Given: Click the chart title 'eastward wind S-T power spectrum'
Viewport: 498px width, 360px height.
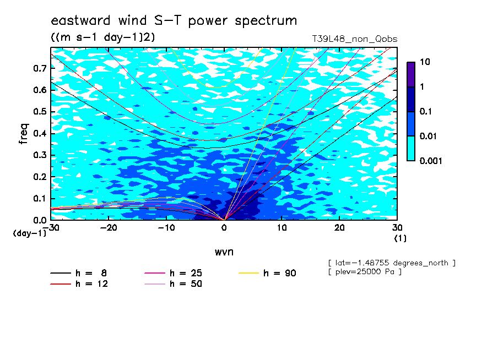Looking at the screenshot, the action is pyautogui.click(x=174, y=20).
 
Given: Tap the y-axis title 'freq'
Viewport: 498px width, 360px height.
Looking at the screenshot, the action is pyautogui.click(x=23, y=134).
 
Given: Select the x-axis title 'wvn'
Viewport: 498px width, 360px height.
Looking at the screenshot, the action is pyautogui.click(x=224, y=252).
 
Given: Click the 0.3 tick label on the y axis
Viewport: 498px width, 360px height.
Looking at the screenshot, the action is pyautogui.click(x=40, y=155).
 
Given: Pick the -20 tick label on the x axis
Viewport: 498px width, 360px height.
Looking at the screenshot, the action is pyautogui.click(x=109, y=228).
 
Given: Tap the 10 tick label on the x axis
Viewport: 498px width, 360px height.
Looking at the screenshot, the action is pyautogui.click(x=282, y=228).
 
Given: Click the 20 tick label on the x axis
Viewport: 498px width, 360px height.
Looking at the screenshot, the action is pyautogui.click(x=339, y=228).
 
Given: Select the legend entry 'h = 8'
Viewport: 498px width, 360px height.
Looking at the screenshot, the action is pyautogui.click(x=78, y=273).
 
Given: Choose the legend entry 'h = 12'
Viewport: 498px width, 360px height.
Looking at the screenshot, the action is pyautogui.click(x=79, y=284).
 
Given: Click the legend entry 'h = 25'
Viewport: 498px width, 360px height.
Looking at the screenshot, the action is pyautogui.click(x=174, y=273).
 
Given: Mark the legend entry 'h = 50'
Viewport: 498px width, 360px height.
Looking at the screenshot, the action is pyautogui.click(x=174, y=284).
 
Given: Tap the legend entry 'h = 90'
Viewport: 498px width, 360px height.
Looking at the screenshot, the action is pyautogui.click(x=267, y=273).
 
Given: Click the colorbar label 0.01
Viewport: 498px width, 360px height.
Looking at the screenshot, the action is pyautogui.click(x=429, y=137).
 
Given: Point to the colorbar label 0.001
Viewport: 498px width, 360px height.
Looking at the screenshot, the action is pyautogui.click(x=431, y=161).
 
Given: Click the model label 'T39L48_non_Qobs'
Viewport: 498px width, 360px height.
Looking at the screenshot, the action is pyautogui.click(x=354, y=40).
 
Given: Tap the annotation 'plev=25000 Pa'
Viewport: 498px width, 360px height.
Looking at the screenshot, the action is pyautogui.click(x=365, y=272).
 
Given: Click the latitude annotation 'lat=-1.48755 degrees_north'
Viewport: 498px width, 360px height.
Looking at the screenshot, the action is pyautogui.click(x=392, y=263).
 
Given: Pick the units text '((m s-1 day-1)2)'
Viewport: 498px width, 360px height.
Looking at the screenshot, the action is pyautogui.click(x=103, y=37).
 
